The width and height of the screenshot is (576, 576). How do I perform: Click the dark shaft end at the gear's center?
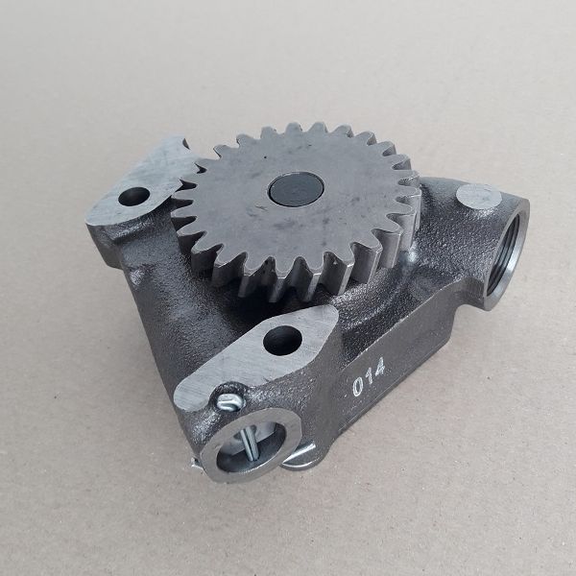point(296,189)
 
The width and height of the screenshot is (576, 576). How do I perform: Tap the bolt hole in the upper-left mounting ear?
point(134,196)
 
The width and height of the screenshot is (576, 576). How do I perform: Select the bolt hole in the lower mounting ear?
point(282,341)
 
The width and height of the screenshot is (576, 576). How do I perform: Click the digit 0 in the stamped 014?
point(357,387)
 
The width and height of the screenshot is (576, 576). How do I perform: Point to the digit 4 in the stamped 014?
point(379,367)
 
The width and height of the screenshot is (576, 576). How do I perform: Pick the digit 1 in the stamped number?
point(369,377)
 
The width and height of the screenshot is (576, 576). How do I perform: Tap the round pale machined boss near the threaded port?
point(479,197)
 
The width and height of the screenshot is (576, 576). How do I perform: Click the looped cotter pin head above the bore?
point(230,401)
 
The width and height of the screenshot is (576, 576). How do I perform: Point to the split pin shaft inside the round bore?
point(248,444)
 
